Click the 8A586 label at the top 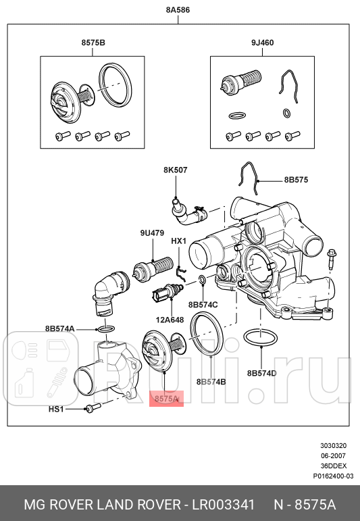pos(179,10)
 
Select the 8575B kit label pos(93,43)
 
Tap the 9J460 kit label pos(262,43)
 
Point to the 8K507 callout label pos(175,170)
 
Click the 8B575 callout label pos(296,180)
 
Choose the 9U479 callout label pos(153,233)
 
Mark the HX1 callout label pos(178,241)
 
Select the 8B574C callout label pos(203,305)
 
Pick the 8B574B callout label pos(211,382)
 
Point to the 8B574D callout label pos(262,373)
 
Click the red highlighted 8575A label pos(166,399)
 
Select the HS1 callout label pos(57,409)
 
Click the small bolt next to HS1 pos(93,407)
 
